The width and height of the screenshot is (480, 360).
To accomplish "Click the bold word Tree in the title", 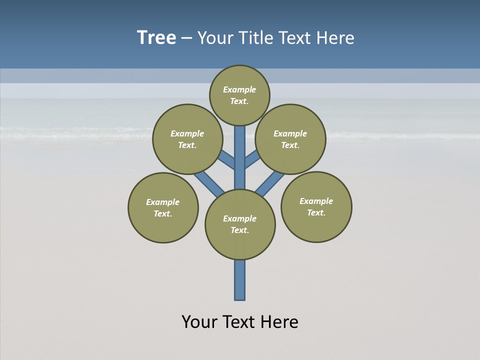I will coord(156,38).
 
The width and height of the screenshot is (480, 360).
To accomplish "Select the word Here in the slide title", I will coord(336,38).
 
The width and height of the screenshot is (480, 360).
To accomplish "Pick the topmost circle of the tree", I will coord(239,95).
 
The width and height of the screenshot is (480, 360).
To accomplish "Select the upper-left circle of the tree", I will coord(187,139).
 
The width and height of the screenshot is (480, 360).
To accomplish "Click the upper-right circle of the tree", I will coord(290,139).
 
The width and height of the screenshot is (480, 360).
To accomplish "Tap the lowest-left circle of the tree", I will coord(163,207).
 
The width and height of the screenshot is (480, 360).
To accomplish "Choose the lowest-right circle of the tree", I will coord(316,206).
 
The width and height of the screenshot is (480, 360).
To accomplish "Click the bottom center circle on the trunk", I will coord(240,224).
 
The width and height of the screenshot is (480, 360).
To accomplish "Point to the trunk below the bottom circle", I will coord(240,280).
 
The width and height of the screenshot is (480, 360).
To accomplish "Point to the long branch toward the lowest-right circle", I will coord(270,183).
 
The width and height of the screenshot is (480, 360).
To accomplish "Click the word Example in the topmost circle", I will coord(239,89).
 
